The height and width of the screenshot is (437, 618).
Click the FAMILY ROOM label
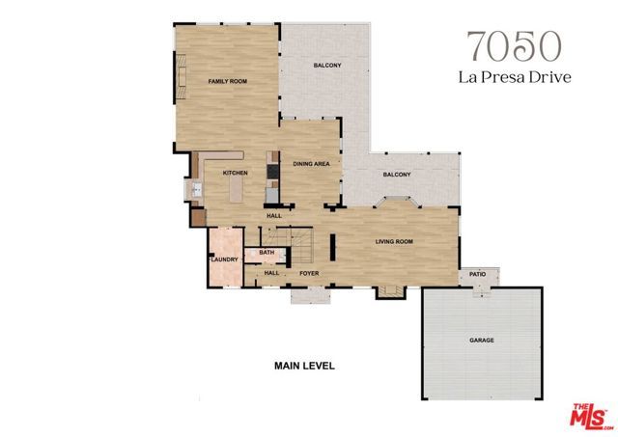pos(229,82)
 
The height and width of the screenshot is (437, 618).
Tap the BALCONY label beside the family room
pos(327,66)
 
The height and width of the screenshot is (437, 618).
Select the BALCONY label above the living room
pos(396,175)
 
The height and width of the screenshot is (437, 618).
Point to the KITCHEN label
pos(236,173)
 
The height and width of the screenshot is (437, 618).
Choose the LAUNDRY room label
pos(224,259)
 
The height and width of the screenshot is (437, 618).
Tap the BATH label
pos(267,253)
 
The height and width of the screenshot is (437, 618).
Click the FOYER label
pos(309,273)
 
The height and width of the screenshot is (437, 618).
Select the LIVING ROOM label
pos(394,242)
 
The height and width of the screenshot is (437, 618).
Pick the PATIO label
pos(477,274)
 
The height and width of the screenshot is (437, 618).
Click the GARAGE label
pos(482,341)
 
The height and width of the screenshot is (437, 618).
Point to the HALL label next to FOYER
pos(272,273)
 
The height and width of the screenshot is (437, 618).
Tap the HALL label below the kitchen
pos(274,215)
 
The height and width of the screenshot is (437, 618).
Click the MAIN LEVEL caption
pos(304,367)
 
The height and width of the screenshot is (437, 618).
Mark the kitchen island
pos(236,191)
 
